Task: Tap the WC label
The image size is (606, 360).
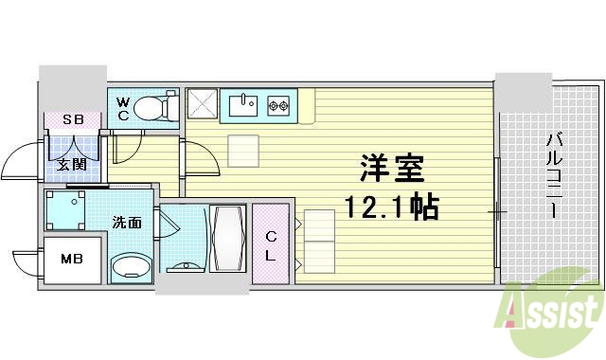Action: (124, 108)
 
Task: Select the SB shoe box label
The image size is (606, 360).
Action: (73, 120)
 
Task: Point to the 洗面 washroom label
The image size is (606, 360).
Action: (127, 224)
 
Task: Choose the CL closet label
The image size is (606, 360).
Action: (271, 243)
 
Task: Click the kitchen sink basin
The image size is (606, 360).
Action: (241, 103)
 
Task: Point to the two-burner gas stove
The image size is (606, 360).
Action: (279, 104)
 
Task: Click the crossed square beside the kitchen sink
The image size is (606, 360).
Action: (202, 103)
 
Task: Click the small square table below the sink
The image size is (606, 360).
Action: (243, 151)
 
